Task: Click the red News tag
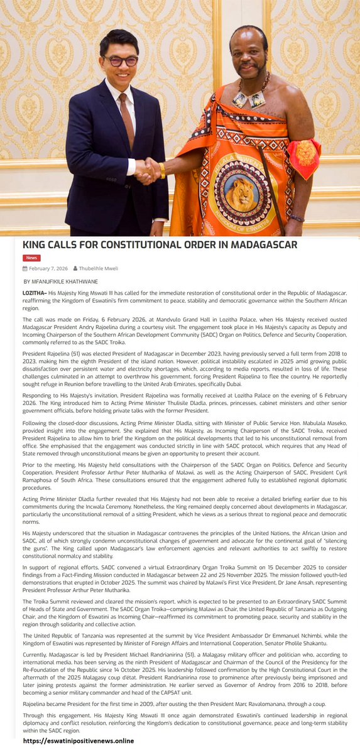[31, 257]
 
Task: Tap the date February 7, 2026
[49, 268]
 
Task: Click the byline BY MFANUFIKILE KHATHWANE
[60, 281]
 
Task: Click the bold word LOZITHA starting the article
[34, 293]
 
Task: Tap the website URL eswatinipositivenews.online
[79, 741]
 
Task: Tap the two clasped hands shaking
[149, 170]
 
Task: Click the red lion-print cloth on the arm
[303, 157]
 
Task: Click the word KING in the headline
[37, 244]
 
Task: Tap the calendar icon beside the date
[25, 268]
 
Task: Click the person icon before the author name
[75, 268]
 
